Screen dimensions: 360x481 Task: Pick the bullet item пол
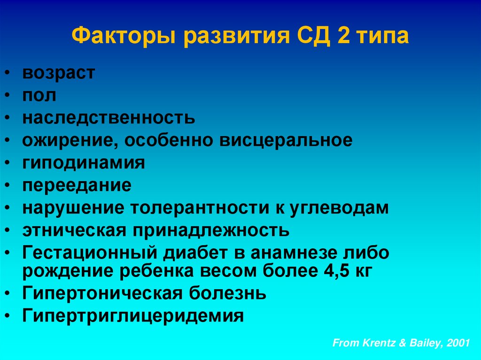point(39,96)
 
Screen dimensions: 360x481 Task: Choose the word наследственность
point(109,117)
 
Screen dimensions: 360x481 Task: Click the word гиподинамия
point(84,163)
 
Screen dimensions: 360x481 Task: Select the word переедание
point(77,185)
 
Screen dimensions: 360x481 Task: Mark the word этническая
point(73,230)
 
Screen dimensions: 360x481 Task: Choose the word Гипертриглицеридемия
point(133,316)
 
